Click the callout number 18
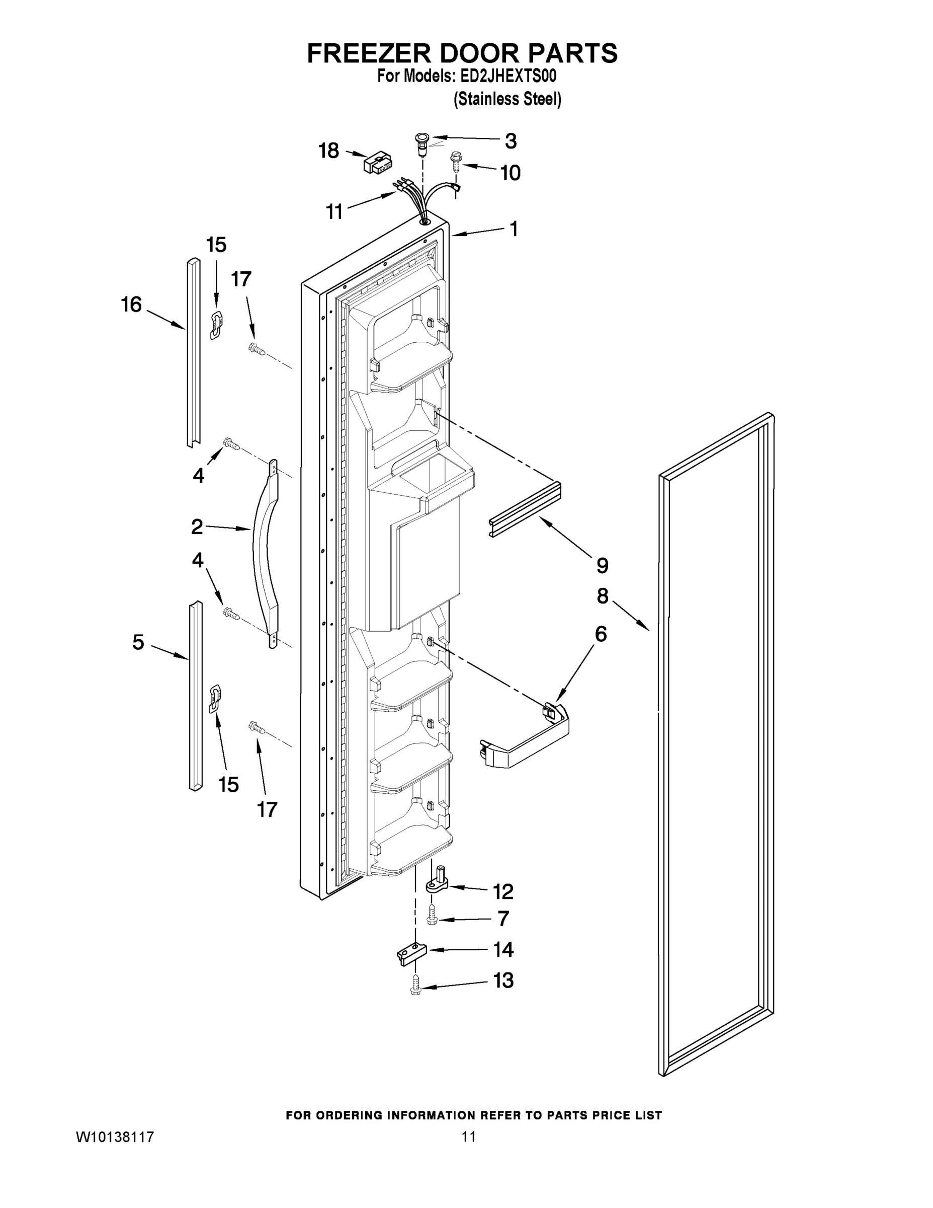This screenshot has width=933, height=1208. pyautogui.click(x=329, y=150)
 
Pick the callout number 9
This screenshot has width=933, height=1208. pyautogui.click(x=603, y=565)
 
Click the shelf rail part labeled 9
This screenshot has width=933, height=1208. pyautogui.click(x=525, y=509)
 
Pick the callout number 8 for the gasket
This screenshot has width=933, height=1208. pyautogui.click(x=603, y=596)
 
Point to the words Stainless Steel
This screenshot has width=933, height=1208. pyautogui.click(x=507, y=99)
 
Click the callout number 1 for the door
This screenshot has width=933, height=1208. pyautogui.click(x=514, y=229)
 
